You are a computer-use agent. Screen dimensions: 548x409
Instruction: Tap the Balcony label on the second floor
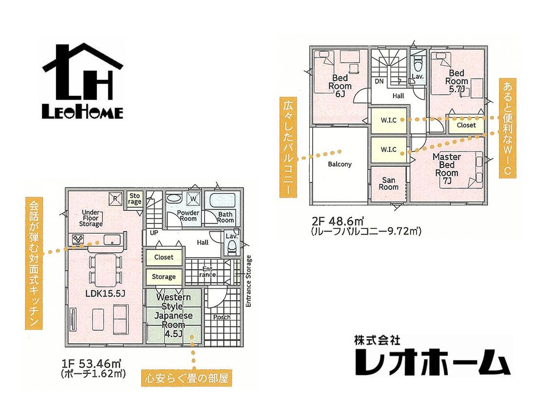click(x=340, y=164)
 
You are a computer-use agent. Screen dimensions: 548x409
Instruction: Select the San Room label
click(x=389, y=184)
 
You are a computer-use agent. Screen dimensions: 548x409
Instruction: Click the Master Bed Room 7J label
click(x=447, y=168)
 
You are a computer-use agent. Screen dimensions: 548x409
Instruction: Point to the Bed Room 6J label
click(x=340, y=86)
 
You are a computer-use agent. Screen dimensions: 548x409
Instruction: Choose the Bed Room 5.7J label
click(x=456, y=81)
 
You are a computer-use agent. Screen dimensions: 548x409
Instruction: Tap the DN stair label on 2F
click(x=379, y=81)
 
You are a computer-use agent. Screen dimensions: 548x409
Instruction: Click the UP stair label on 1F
click(x=154, y=233)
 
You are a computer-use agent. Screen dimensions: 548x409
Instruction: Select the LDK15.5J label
click(x=105, y=294)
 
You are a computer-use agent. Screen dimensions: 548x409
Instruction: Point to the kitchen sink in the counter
click(x=112, y=240)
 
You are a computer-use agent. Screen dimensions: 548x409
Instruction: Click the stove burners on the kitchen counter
click(x=77, y=239)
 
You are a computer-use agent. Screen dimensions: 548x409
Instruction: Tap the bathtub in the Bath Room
click(x=222, y=201)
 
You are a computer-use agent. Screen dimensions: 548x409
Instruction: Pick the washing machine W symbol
click(x=193, y=199)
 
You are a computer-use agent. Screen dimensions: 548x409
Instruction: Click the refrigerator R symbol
click(x=115, y=198)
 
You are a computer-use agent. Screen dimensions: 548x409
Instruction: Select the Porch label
click(x=222, y=317)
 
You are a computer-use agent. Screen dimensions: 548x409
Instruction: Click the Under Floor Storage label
click(x=91, y=218)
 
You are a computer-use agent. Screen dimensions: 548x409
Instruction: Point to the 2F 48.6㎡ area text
click(x=338, y=222)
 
